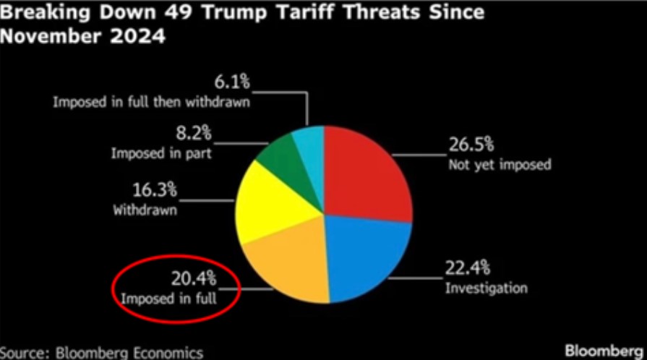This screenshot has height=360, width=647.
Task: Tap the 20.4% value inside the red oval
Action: point(193,278)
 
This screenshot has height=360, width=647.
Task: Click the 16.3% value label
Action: point(154,192)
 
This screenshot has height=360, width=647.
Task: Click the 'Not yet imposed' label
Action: point(500,165)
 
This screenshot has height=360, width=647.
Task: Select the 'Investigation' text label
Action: point(486,289)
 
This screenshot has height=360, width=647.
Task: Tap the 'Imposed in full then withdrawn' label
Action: point(151,102)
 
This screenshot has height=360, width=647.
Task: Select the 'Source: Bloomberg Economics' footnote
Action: point(101,353)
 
